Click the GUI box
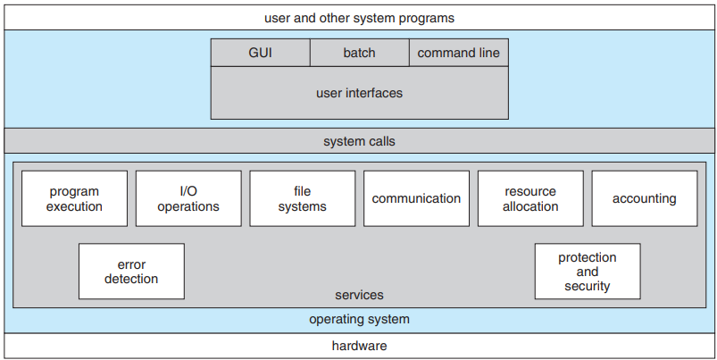coord(260,53)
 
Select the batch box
coord(360,53)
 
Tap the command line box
coord(459,53)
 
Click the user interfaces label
coord(360,93)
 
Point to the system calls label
coord(360,141)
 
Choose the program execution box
coord(74,198)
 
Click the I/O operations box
coord(188,198)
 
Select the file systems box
coord(303,198)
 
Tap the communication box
coord(416,198)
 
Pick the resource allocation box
coord(530,198)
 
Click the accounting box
coord(645,198)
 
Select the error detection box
coord(131,272)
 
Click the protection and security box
coord(588,272)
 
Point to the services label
coord(360,295)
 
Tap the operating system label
coord(360,319)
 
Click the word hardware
coord(360,346)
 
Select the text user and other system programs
coord(360,18)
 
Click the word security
coord(588,287)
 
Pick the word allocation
coord(530,206)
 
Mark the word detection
coord(131,279)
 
